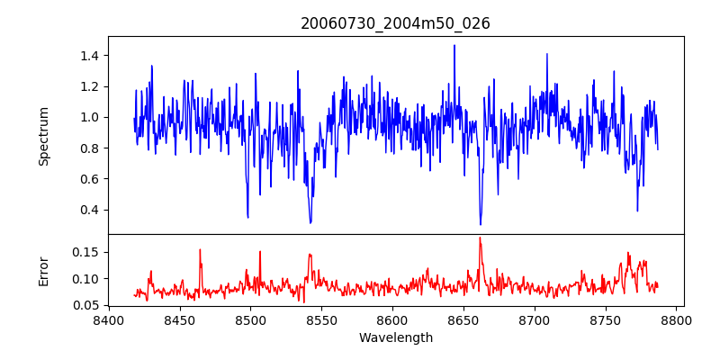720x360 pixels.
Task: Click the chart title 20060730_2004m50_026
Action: point(395,24)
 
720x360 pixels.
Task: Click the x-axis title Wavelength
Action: point(395,338)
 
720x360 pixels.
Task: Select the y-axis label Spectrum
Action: point(44,136)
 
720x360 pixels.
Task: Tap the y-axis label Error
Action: point(44,271)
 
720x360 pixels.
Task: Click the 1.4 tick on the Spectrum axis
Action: point(89,56)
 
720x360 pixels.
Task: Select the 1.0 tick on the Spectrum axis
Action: point(89,117)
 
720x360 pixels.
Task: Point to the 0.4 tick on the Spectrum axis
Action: point(89,210)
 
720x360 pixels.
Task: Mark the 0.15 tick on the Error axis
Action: point(85,252)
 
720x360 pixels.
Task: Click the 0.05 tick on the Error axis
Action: point(85,305)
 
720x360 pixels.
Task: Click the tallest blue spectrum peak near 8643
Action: point(454,46)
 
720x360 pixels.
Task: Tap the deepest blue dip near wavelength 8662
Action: point(481,224)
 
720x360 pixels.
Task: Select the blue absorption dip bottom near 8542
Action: point(310,222)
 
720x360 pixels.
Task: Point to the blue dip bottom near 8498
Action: point(247,217)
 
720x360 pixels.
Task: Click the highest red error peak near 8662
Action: point(481,238)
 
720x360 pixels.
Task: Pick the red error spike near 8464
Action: point(200,250)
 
